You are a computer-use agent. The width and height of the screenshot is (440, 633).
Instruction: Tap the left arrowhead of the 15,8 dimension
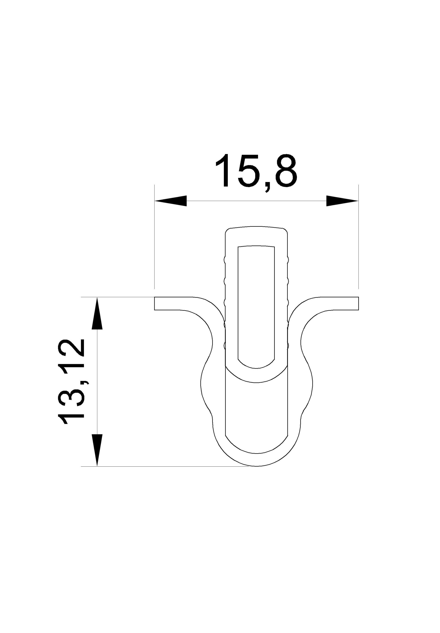click(171, 201)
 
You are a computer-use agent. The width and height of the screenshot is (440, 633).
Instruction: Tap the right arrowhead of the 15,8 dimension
click(342, 201)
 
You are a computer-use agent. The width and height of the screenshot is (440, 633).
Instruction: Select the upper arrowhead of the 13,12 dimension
click(97, 313)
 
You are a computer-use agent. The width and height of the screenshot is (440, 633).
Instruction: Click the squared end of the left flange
click(155, 303)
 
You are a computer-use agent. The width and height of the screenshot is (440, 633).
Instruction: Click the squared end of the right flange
click(358, 303)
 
